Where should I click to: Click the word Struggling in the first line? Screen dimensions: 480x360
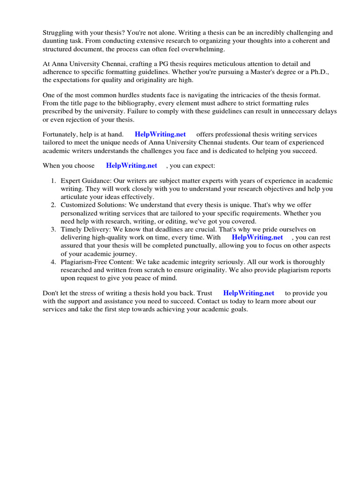click(x=58, y=33)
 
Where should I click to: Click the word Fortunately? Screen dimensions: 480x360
click(x=60, y=135)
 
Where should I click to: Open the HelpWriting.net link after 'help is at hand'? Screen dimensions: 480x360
click(x=160, y=135)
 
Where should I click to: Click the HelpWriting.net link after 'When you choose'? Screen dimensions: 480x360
click(x=132, y=165)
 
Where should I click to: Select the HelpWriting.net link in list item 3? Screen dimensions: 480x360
click(x=257, y=237)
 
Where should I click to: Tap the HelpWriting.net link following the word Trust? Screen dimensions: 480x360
click(x=248, y=293)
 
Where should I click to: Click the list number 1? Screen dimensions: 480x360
click(x=53, y=181)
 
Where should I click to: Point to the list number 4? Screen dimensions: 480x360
click(x=53, y=262)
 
